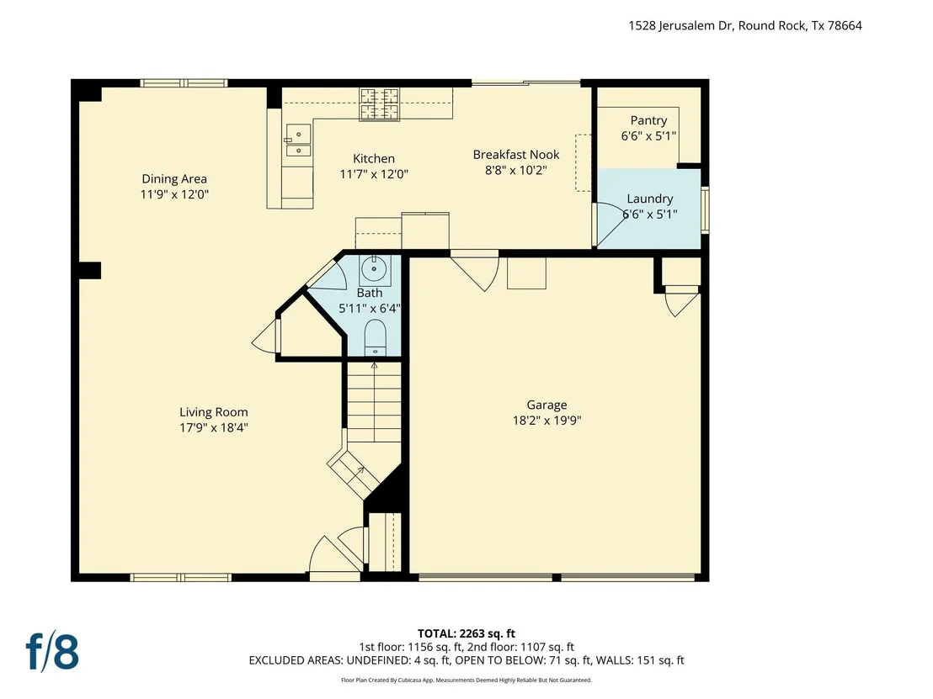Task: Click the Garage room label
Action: click(x=546, y=405)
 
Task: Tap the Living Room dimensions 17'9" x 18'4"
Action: click(x=214, y=427)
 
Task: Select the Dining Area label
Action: click(x=174, y=179)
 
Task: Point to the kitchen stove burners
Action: click(x=378, y=104)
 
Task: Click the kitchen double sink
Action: click(x=298, y=140)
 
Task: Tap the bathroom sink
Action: click(x=374, y=271)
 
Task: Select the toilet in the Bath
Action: click(x=375, y=337)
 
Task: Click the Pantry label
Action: click(x=648, y=120)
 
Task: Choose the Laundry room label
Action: click(x=650, y=199)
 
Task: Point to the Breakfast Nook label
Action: click(x=516, y=155)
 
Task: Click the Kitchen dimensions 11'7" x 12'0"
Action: click(x=374, y=174)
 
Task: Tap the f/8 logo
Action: click(x=52, y=651)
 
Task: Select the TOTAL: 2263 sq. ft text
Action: click(x=466, y=633)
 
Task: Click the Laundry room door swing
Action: click(x=610, y=225)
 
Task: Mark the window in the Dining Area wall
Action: click(x=184, y=83)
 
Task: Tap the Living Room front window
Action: click(x=180, y=577)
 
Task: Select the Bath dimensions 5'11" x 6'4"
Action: click(x=370, y=309)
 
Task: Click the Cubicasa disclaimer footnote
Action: click(x=466, y=680)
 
